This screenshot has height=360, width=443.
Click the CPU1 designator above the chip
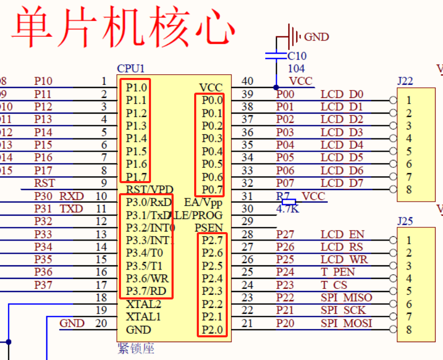tap(130, 68)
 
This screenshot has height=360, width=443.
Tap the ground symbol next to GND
tap(290, 36)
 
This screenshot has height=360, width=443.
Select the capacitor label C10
tap(297, 56)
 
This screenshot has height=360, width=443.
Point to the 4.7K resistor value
tap(287, 208)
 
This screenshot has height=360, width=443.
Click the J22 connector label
tap(405, 81)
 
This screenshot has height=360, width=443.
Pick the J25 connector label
tap(405, 221)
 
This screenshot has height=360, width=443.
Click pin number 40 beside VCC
tap(247, 81)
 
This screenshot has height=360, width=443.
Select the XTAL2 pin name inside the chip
tap(143, 304)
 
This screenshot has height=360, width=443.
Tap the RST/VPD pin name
tap(150, 189)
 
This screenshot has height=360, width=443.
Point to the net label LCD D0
tap(342, 94)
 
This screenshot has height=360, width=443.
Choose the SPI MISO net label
tap(346, 297)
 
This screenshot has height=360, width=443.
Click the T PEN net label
tap(338, 272)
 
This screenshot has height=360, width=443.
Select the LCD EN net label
tap(343, 234)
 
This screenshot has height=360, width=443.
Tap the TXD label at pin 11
tap(72, 209)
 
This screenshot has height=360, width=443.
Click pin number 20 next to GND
tap(101, 323)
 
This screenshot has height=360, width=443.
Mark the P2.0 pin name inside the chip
tap(212, 330)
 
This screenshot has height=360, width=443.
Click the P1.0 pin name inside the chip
tap(136, 87)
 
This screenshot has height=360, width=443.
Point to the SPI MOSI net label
tap(346, 323)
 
